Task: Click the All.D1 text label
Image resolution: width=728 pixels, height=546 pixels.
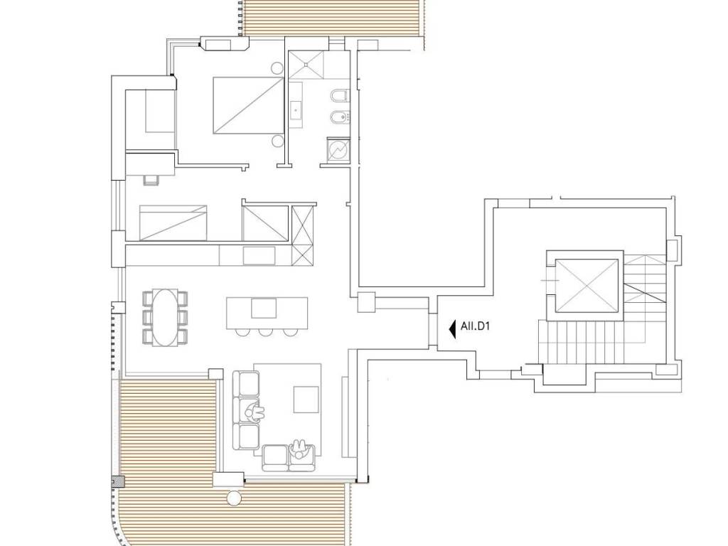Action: point(475,326)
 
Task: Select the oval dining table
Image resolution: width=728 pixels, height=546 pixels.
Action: point(165,318)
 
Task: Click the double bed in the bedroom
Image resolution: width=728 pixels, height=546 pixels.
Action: point(248,106)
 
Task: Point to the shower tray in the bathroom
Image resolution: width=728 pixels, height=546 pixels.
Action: point(306,65)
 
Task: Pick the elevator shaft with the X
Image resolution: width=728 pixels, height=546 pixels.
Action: point(587,286)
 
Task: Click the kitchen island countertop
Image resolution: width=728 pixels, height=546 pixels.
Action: point(267,313)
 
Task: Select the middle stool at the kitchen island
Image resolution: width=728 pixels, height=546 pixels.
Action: point(266,332)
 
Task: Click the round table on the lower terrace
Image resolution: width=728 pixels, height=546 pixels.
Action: point(232,498)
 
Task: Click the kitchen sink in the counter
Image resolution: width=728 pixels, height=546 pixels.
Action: point(259,256)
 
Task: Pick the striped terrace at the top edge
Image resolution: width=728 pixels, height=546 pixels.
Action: point(332,18)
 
